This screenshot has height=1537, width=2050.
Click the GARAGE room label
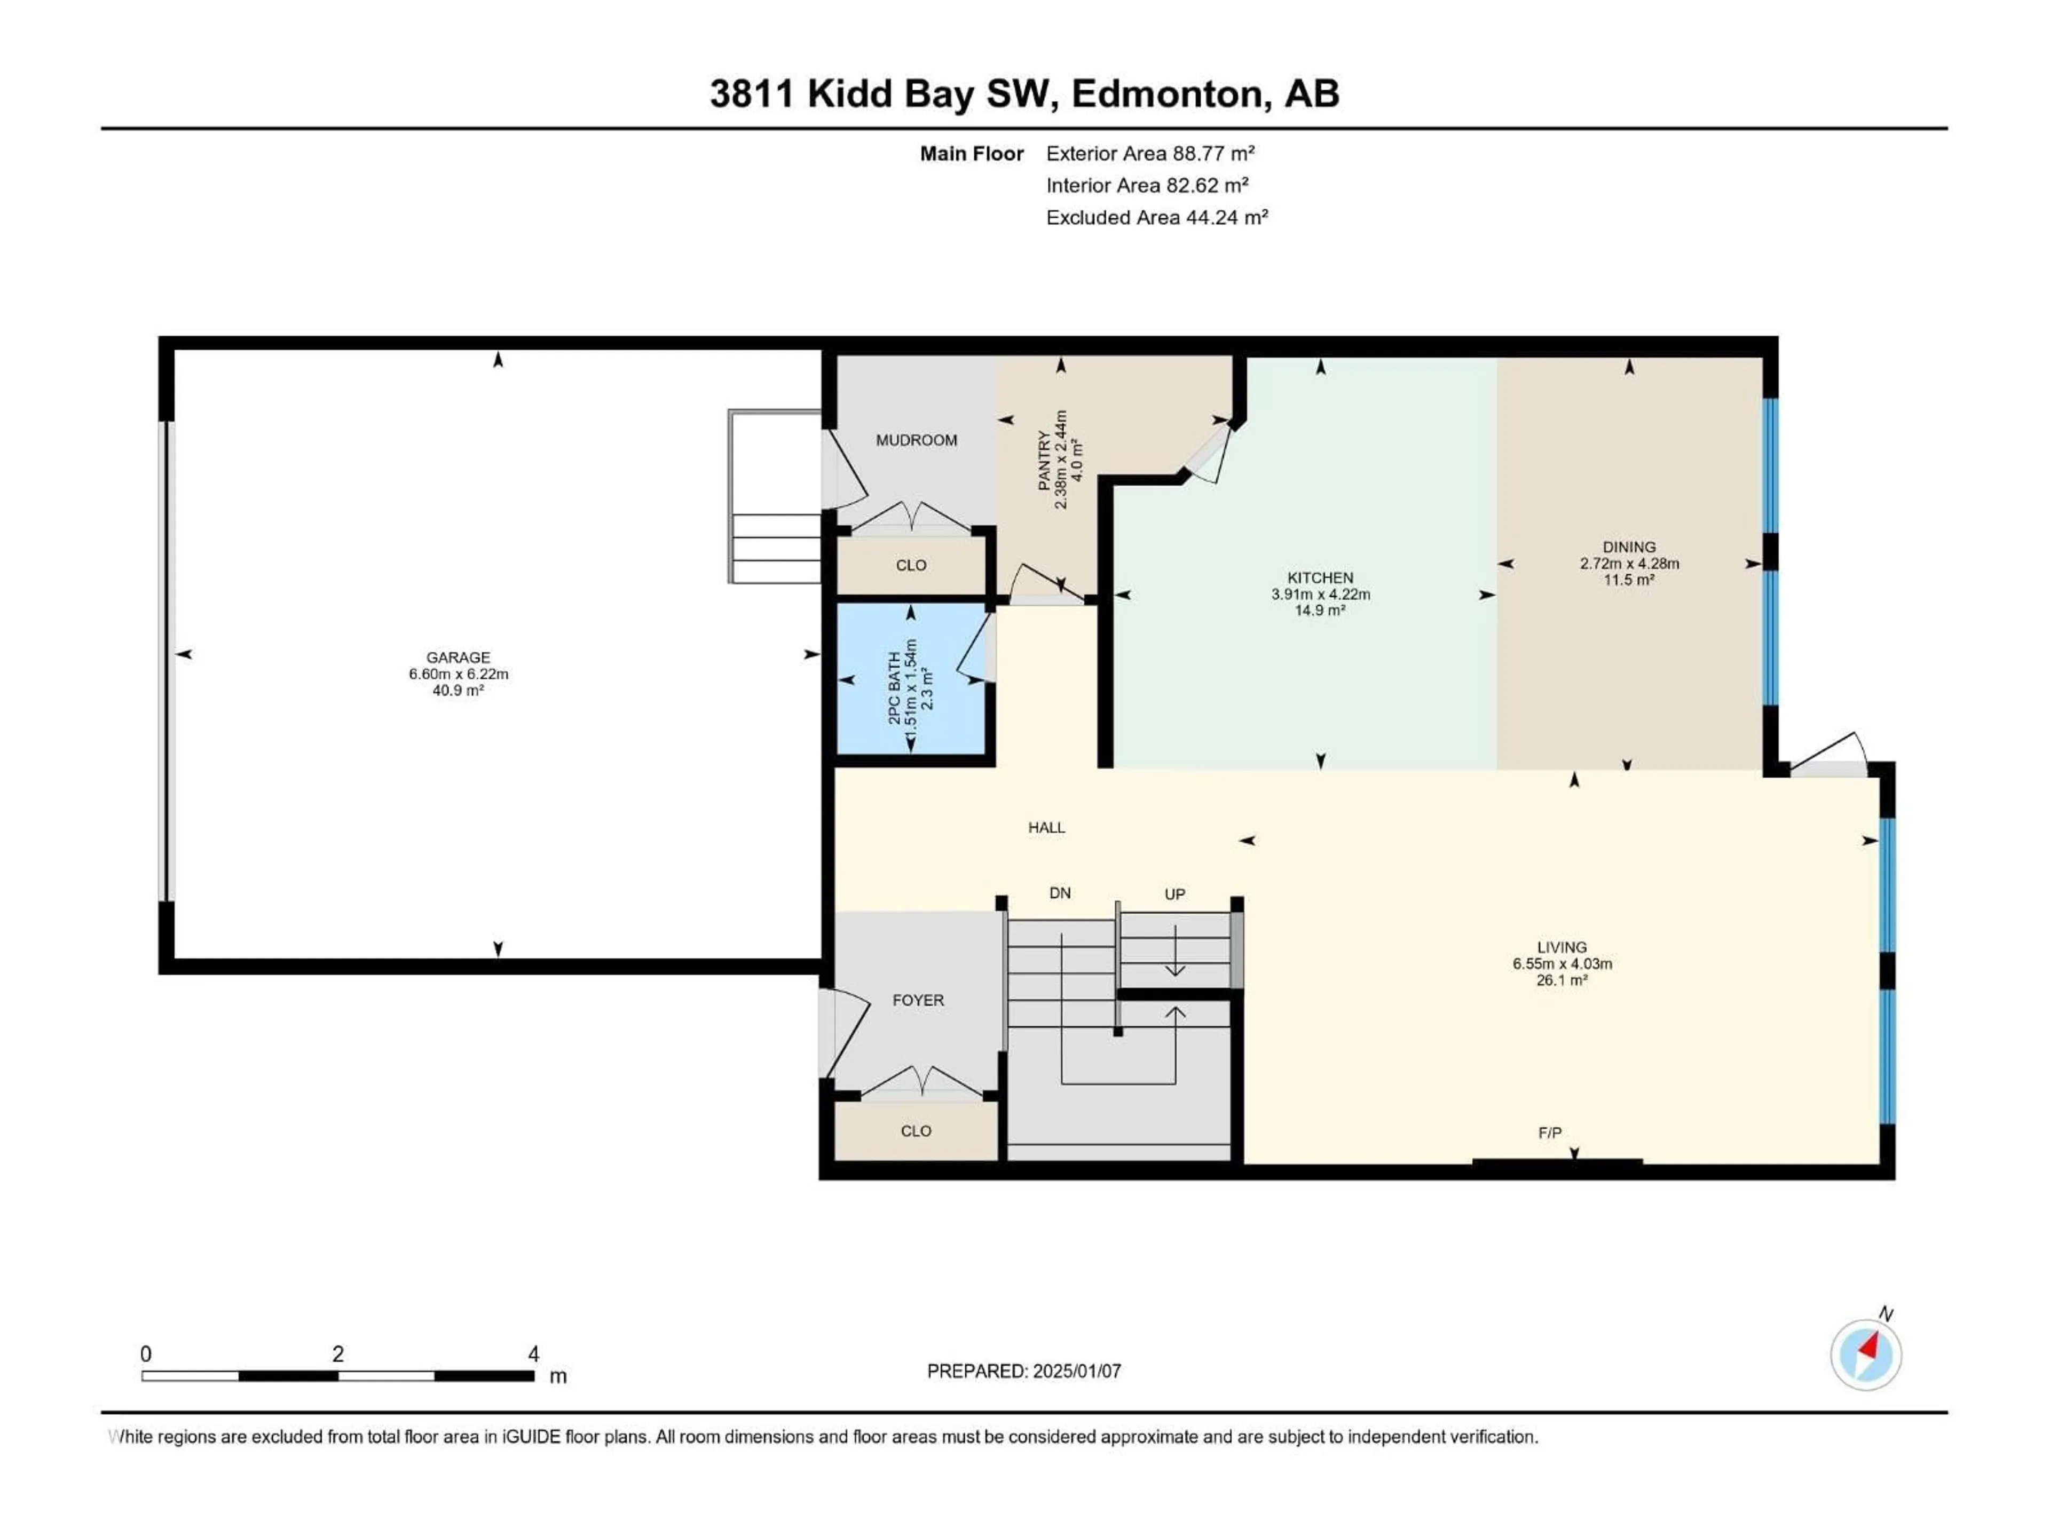(x=458, y=658)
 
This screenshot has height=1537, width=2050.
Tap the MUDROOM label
(x=916, y=441)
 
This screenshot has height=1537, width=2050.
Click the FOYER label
(x=918, y=1001)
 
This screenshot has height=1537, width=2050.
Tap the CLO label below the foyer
(x=916, y=1131)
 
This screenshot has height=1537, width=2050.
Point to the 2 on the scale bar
(x=338, y=1354)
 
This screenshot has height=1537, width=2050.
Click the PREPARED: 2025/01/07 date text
(x=1023, y=1371)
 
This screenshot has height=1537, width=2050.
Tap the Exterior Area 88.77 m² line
(x=1149, y=154)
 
